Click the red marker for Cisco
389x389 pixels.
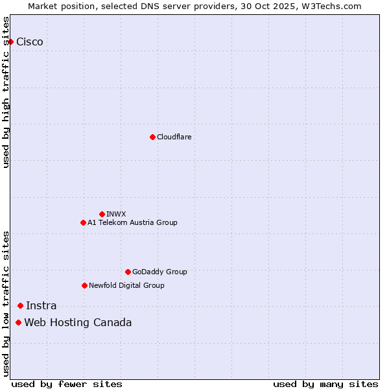tap(10, 42)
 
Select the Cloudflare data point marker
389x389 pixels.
tap(152, 137)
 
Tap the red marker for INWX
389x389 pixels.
tap(102, 214)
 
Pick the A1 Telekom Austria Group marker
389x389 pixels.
tap(83, 222)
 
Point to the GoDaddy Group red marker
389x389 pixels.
tap(128, 272)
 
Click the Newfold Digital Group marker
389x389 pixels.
tap(84, 285)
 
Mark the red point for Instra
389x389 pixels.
tap(20, 305)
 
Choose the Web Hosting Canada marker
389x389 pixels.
tap(18, 322)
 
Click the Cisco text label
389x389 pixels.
tap(30, 42)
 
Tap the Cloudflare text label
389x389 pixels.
tap(174, 137)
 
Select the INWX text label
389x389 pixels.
tap(116, 214)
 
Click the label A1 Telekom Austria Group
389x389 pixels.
tap(132, 222)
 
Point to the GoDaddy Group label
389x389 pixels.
tap(159, 272)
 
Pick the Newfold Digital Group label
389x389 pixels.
tap(126, 285)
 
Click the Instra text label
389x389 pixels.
tap(41, 305)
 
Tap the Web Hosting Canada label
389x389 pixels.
tap(78, 322)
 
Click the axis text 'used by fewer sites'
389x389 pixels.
tap(67, 384)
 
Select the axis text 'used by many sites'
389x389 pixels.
tap(325, 384)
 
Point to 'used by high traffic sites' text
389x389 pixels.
tap(6, 92)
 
